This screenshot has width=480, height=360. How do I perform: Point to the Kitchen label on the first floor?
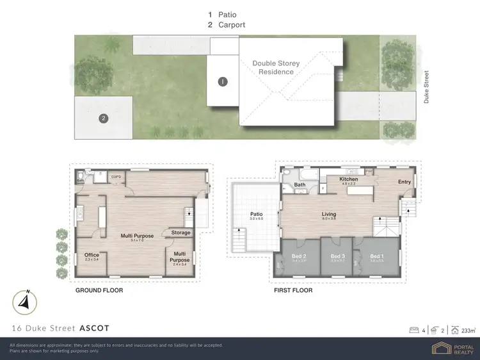pos(349,179)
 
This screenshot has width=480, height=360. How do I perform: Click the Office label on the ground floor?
pos(92,255)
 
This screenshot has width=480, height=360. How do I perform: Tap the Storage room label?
pos(180,233)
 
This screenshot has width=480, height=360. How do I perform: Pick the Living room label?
pos(329,215)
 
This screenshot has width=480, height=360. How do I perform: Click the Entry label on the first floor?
pos(404,182)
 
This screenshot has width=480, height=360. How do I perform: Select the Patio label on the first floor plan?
pos(257,215)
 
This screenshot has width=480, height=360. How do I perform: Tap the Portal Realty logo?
pos(454,348)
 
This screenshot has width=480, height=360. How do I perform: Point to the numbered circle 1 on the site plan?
pos(223,81)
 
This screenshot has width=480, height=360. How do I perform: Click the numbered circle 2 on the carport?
pos(102,118)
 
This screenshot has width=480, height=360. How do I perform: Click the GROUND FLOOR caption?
pos(99,290)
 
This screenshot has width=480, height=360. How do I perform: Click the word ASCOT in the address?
pos(94,328)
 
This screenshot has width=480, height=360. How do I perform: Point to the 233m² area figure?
pos(468,330)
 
